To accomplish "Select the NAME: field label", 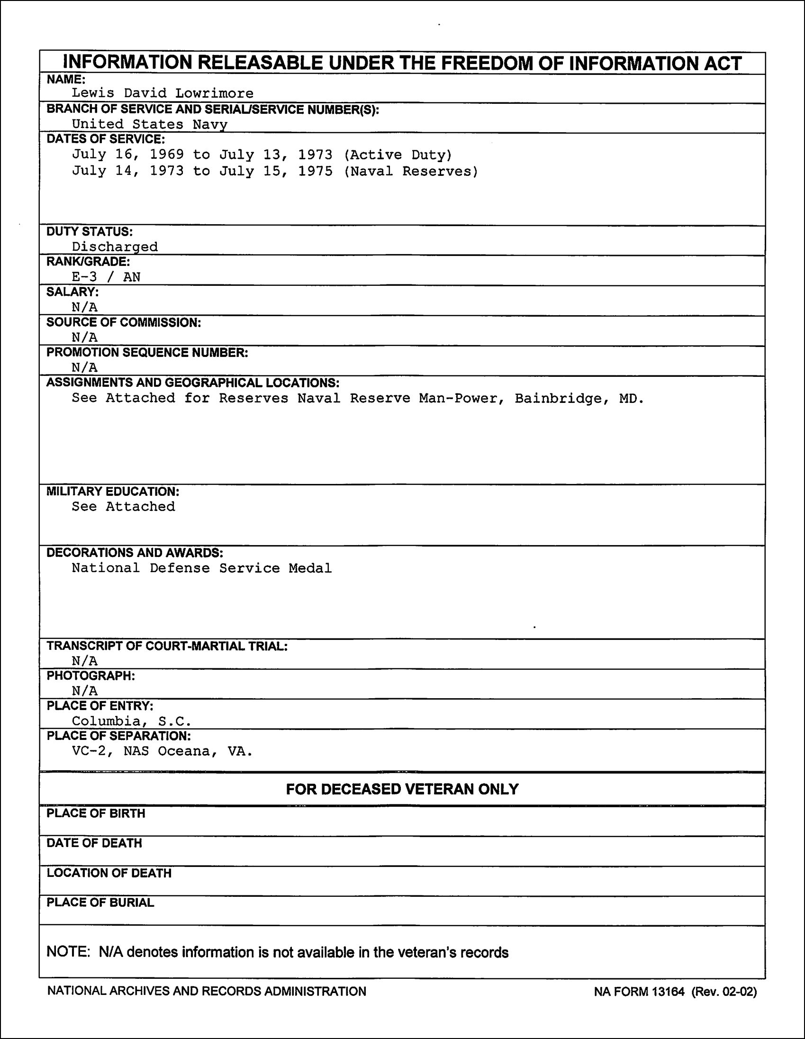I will [65, 80].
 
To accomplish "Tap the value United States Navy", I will [149, 124].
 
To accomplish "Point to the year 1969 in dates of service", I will [166, 155].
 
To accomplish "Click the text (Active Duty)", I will [398, 155].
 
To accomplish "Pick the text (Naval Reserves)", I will [411, 171].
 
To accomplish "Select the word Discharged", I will [115, 246].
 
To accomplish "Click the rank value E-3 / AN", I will [106, 277].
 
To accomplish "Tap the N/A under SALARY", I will [85, 307].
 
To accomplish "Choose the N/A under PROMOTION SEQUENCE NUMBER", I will [85, 367].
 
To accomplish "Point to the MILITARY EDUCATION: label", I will [113, 492].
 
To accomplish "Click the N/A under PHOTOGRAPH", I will [85, 691].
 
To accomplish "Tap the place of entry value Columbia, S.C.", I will [132, 721].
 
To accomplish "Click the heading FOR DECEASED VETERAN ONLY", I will [402, 789].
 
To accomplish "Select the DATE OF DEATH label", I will [94, 843].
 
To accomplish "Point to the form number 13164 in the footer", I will [668, 992].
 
